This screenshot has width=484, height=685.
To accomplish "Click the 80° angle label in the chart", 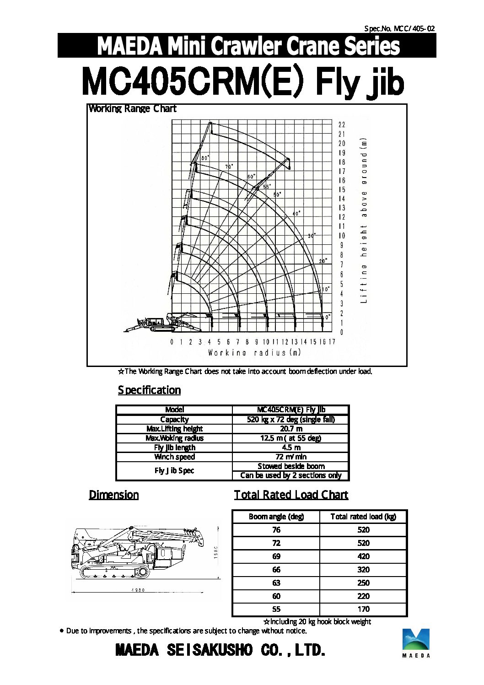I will point(205,157).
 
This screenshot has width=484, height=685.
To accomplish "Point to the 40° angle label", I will point(296,213).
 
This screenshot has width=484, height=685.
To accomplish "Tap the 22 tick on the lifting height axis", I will point(342,124).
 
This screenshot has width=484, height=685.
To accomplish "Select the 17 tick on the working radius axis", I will point(332,342).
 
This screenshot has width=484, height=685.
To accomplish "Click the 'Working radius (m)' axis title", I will point(254,352).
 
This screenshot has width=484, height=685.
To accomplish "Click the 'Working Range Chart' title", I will point(132,109).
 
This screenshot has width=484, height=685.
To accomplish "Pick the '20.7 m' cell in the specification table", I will point(291,429).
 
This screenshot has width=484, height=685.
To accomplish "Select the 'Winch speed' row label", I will point(174,457).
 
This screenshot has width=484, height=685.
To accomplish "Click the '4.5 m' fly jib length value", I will point(291,448).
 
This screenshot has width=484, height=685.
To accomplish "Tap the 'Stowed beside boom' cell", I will point(291,466).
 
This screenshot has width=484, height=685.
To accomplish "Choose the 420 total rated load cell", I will point(363,556).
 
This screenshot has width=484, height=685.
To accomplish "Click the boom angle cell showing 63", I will point(276,583).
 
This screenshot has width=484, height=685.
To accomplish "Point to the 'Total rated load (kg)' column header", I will point(363,517).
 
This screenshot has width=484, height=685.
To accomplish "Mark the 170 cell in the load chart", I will point(363,609).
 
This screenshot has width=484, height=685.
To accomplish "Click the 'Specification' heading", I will point(149,390).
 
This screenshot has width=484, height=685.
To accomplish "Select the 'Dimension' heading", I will point(113,495).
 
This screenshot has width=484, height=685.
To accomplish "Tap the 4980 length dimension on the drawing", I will point(138,590).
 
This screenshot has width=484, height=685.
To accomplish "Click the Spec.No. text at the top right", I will point(399,28).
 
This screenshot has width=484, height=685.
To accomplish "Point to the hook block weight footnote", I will point(317,621).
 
